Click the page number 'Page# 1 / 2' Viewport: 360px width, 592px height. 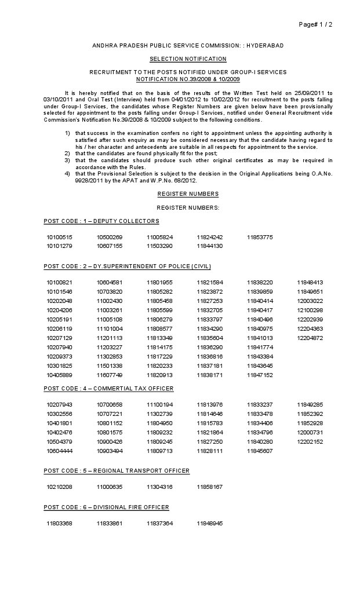[315, 24]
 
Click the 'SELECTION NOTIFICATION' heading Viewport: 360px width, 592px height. [180, 59]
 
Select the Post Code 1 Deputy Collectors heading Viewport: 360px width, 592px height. [101, 221]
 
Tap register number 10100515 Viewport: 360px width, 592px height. [60, 237]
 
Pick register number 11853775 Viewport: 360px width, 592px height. [260, 237]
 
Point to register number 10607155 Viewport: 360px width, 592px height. [110, 246]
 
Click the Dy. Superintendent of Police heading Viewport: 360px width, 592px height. [128, 266]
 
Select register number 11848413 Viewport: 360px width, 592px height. [310, 282]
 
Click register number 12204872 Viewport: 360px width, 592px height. [310, 338]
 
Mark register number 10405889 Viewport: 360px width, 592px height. [60, 375]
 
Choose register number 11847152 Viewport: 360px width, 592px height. [260, 375]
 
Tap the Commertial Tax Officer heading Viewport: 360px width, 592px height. [108, 388]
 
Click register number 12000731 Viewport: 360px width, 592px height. [310, 432]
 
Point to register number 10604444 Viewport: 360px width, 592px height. [60, 451]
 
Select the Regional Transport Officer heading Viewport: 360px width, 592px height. [117, 471]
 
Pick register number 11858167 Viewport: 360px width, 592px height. [209, 487]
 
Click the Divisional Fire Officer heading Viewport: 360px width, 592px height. [107, 507]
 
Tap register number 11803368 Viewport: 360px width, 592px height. [60, 524]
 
